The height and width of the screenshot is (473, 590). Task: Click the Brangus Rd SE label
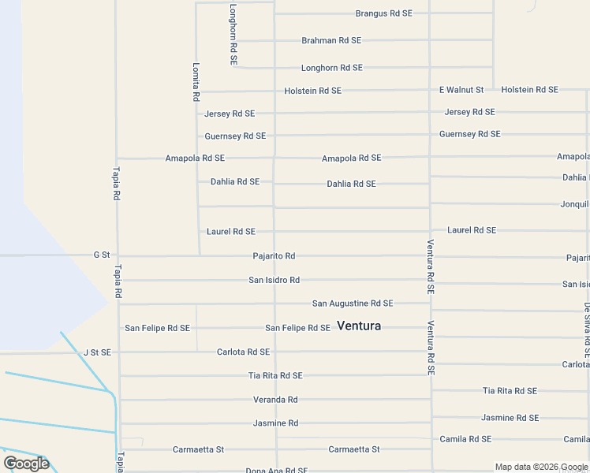(x=383, y=13)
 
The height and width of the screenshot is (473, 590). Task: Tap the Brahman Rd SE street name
(x=331, y=40)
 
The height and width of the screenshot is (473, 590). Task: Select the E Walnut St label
(x=461, y=90)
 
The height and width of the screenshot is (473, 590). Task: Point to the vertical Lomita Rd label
(x=196, y=83)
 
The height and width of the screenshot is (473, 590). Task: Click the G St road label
(x=101, y=255)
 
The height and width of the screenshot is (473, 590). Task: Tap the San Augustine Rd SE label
(x=353, y=304)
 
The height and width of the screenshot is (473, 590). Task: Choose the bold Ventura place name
(x=359, y=326)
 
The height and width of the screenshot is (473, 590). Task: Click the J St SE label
(x=97, y=352)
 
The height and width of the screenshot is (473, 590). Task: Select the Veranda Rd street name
(x=275, y=400)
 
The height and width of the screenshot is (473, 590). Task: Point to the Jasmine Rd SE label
(x=510, y=418)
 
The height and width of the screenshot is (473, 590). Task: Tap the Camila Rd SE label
(x=465, y=439)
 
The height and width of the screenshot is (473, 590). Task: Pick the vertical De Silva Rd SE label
(x=587, y=330)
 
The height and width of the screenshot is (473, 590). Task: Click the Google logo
(x=26, y=464)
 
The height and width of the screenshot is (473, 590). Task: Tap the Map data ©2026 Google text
(x=541, y=467)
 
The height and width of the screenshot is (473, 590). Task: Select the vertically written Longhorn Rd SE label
(x=233, y=34)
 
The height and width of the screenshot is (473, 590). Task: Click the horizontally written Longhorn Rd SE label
(x=331, y=68)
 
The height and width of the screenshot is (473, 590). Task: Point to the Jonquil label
(x=574, y=203)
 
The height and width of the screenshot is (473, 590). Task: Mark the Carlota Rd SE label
(x=243, y=352)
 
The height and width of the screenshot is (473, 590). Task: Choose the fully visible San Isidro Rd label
(x=274, y=280)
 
